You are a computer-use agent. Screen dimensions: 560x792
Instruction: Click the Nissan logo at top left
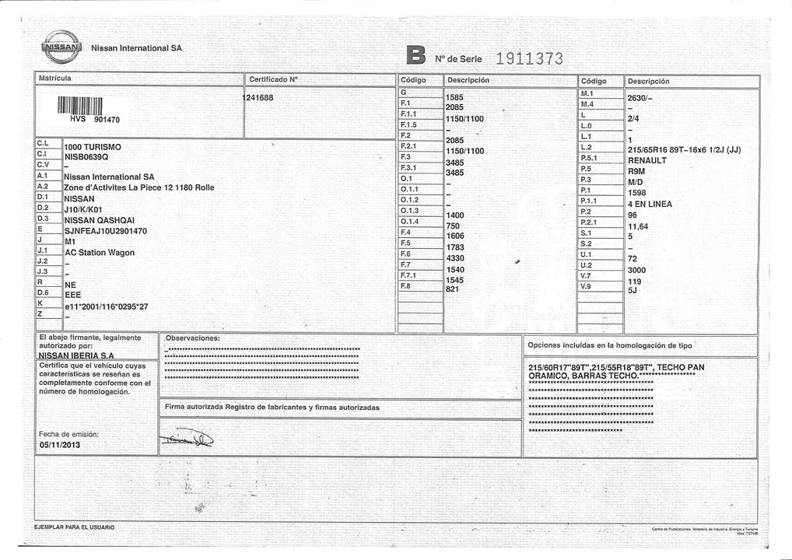[62, 47]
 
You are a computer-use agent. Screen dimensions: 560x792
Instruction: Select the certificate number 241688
[259, 98]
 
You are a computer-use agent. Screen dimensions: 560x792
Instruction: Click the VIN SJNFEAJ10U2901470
[105, 231]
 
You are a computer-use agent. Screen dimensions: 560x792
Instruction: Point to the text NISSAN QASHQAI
[100, 220]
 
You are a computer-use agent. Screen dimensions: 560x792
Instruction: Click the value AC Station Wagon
[99, 253]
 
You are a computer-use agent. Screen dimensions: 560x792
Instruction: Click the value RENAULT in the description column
[647, 161]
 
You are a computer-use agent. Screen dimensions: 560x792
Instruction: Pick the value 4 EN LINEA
[650, 205]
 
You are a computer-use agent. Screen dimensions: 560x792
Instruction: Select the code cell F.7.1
[408, 275]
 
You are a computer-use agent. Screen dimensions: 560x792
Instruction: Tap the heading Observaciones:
[192, 339]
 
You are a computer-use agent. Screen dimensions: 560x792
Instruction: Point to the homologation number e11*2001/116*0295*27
[106, 306]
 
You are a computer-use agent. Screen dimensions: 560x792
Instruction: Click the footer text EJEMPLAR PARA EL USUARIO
[75, 527]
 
